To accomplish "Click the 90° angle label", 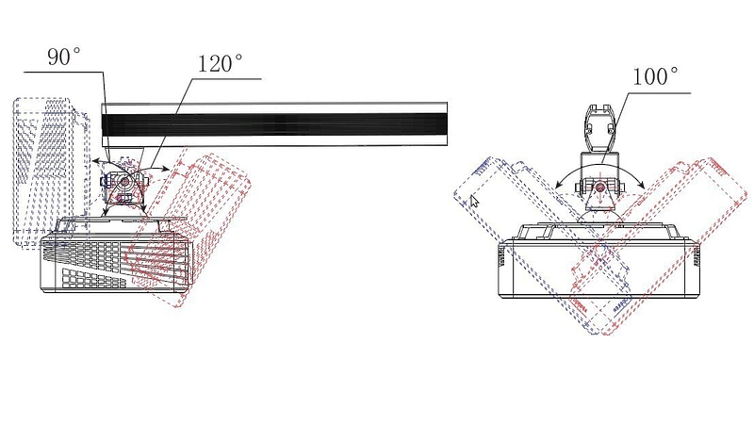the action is click(x=64, y=57).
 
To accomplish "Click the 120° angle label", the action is click(x=221, y=63).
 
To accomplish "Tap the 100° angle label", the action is click(x=655, y=76).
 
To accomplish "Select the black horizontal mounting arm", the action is click(x=274, y=124).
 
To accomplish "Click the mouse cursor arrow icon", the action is click(x=474, y=200).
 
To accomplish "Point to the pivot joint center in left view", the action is click(x=124, y=182).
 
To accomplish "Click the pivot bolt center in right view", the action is click(x=599, y=187).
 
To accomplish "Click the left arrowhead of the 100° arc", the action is click(x=558, y=185).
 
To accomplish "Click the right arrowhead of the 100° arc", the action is click(x=642, y=184).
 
